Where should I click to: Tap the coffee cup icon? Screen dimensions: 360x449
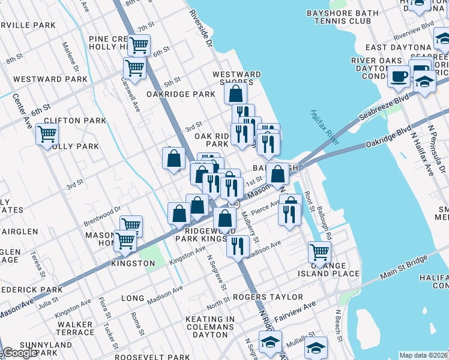[399, 77]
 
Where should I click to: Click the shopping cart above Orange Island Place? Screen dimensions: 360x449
[319, 251]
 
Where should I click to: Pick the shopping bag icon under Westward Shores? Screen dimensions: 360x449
[236, 93]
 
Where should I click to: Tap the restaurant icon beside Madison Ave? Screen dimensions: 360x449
[238, 245]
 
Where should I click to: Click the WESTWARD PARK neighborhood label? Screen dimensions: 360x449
[50, 79]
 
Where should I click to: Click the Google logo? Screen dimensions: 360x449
[20, 353]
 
